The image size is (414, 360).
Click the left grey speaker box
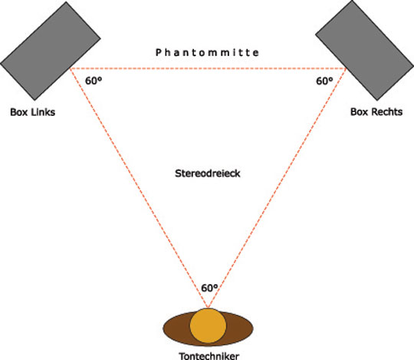pyautogui.click(x=50, y=51)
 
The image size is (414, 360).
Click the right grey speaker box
pyautogui.click(x=365, y=50)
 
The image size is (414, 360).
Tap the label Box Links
pyautogui.click(x=33, y=112)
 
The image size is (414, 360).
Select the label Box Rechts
pyautogui.click(x=376, y=112)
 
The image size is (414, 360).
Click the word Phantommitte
pyautogui.click(x=207, y=52)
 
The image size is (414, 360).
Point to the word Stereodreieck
pyautogui.click(x=208, y=173)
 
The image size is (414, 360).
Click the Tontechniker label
pyautogui.click(x=209, y=355)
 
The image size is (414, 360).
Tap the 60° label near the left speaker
pyautogui.click(x=94, y=81)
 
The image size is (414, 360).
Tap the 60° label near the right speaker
pyautogui.click(x=324, y=81)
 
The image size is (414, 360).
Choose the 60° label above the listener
pyautogui.click(x=209, y=288)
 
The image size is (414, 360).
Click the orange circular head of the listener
pyautogui.click(x=208, y=325)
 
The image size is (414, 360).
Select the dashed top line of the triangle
pyautogui.click(x=208, y=68)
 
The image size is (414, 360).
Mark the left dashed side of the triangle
pyautogui.click(x=139, y=188)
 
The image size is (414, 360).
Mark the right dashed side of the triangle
pyautogui.click(x=278, y=188)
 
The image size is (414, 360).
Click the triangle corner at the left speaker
pyautogui.click(x=70, y=68)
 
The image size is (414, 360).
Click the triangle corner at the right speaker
pyautogui.click(x=347, y=68)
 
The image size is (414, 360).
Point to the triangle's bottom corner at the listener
pyautogui.click(x=208, y=308)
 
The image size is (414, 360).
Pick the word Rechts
pyautogui.click(x=387, y=112)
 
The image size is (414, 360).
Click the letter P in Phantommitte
pyautogui.click(x=159, y=52)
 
